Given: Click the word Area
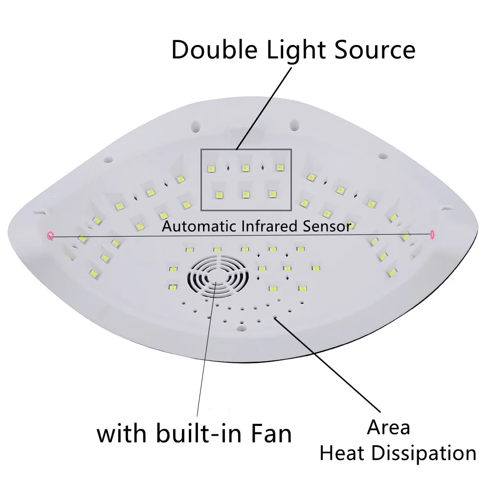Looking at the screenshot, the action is [x=389, y=427].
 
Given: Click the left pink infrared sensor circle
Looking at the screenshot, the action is [x=49, y=236].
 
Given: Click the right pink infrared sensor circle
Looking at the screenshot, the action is [x=432, y=235].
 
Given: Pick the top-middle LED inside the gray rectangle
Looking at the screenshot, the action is [x=245, y=168].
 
